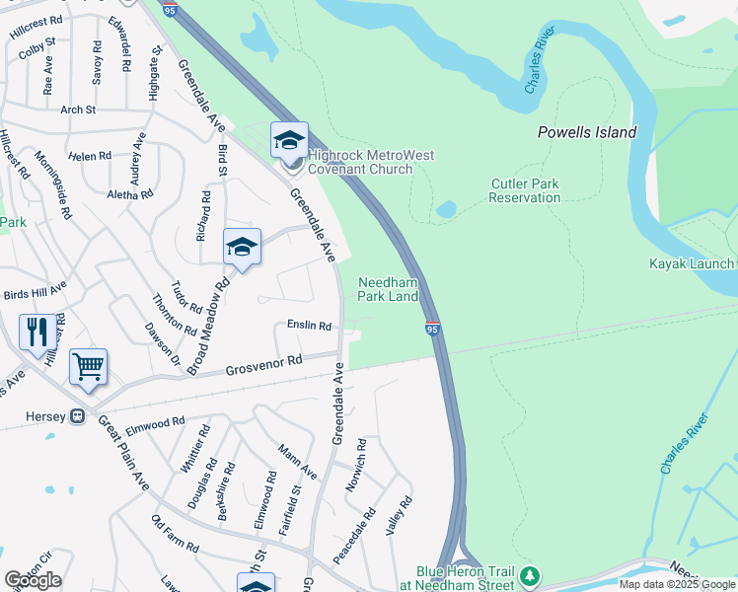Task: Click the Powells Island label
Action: [586, 132]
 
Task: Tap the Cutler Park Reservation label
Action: [525, 190]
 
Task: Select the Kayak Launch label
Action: [691, 263]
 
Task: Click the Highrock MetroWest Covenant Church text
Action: [371, 162]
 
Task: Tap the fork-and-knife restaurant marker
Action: [37, 332]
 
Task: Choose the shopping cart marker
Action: [88, 368]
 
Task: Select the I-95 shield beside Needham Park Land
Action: [432, 328]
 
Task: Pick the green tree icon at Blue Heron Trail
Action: [531, 575]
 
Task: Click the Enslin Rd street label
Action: [309, 325]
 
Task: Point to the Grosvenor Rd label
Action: [263, 366]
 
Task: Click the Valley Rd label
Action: [399, 516]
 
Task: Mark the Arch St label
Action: [78, 110]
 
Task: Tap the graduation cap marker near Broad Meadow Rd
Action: [241, 247]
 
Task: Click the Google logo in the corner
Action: [33, 580]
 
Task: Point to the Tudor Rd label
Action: [186, 295]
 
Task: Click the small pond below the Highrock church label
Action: [446, 209]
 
